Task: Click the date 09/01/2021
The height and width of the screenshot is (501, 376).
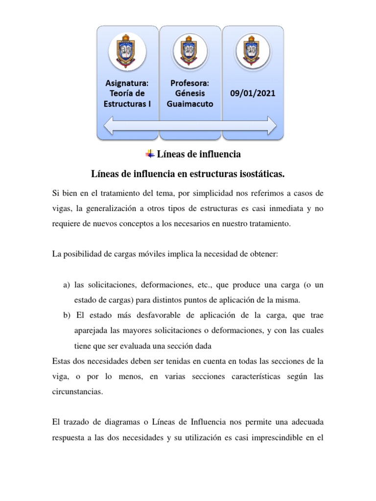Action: pyautogui.click(x=253, y=93)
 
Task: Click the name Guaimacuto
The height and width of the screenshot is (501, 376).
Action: pyautogui.click(x=191, y=104)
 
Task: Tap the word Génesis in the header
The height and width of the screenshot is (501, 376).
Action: pyautogui.click(x=191, y=93)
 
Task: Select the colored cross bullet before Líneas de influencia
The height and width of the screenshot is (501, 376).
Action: pyautogui.click(x=150, y=154)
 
